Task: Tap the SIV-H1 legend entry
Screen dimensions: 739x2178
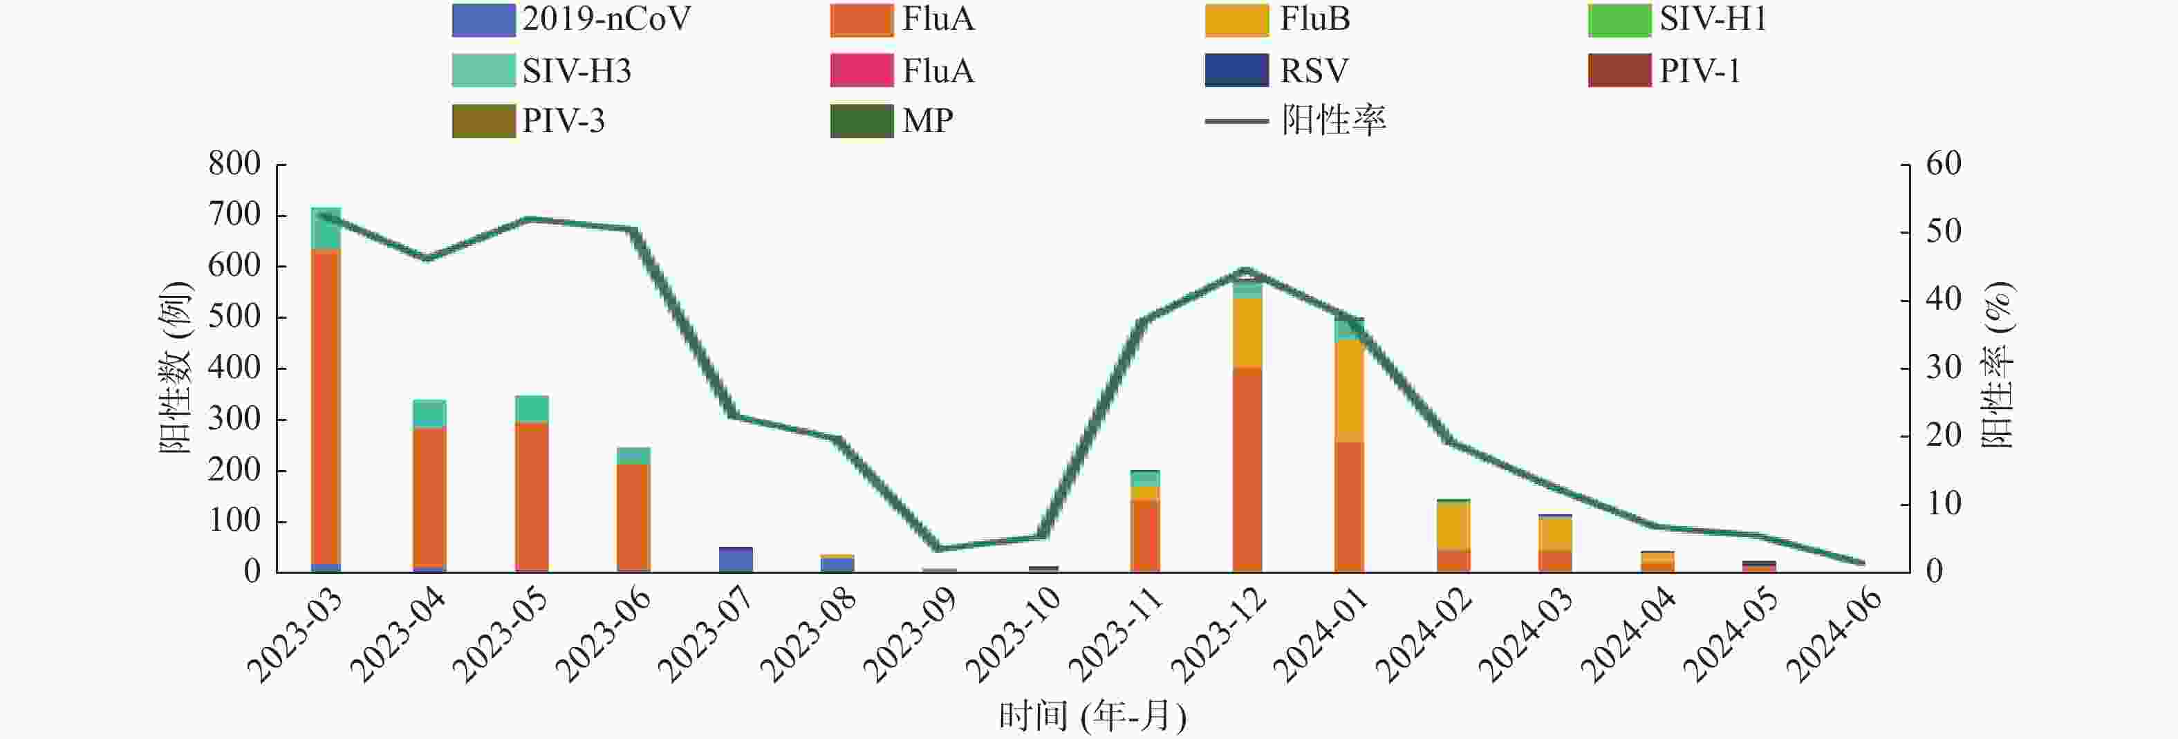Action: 1677,19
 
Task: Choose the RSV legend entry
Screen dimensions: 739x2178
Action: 1276,71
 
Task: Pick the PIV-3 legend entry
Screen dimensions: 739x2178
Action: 529,121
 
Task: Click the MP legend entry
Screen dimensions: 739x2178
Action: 892,121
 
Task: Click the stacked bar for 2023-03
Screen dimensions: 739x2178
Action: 326,389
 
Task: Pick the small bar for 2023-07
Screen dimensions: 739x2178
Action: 736,560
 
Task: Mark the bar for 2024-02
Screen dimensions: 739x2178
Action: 1453,536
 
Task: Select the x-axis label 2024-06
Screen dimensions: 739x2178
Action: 1834,634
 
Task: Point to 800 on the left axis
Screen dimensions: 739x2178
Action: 235,163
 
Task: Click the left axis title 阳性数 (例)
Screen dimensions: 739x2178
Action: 176,368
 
